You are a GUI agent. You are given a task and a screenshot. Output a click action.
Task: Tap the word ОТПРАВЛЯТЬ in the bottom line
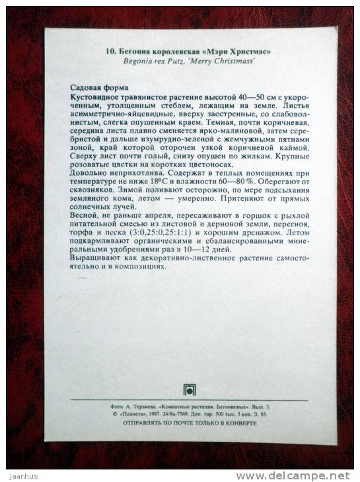click(x=136, y=424)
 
